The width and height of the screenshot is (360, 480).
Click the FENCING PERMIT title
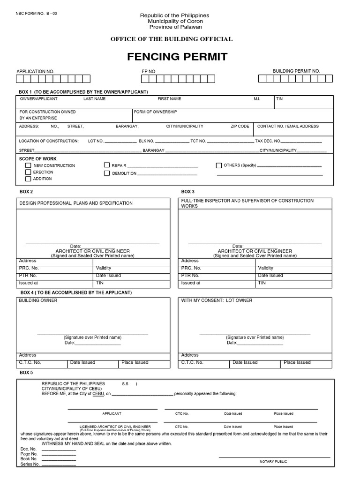(177, 57)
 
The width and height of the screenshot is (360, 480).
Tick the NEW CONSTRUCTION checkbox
(29, 165)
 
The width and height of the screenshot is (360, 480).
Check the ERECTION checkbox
(29, 172)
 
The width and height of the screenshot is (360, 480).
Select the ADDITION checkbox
(29, 179)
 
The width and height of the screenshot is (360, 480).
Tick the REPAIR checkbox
(107, 165)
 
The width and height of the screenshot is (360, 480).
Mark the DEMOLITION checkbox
(107, 173)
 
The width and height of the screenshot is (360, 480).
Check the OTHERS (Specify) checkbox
(219, 165)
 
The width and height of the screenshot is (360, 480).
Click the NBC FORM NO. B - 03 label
(36, 14)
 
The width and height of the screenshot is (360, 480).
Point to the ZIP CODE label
(240, 127)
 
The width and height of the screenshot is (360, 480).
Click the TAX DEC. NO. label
(268, 141)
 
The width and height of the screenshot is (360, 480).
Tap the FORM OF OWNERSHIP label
(155, 112)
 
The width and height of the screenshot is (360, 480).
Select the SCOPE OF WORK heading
(37, 159)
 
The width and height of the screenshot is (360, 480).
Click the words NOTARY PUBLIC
(273, 462)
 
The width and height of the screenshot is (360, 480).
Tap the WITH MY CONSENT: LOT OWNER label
(217, 300)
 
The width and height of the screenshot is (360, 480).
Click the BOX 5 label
(26, 372)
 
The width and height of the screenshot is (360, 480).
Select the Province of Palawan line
(175, 27)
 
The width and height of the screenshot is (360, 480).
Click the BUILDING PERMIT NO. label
(296, 71)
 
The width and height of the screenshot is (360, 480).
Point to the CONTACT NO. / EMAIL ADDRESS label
(288, 127)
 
